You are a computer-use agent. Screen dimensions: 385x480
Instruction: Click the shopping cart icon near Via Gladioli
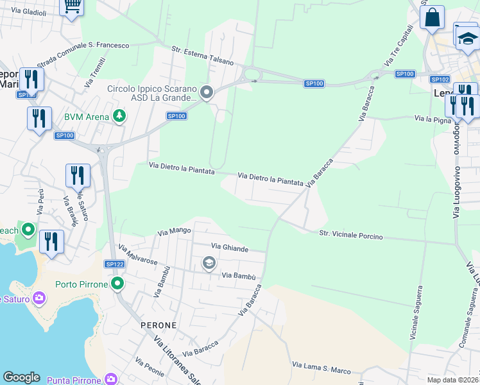72,6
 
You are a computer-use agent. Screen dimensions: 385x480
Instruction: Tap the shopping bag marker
432,17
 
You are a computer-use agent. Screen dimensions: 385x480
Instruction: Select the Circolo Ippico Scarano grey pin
207,94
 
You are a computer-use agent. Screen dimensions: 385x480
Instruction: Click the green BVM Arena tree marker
118,116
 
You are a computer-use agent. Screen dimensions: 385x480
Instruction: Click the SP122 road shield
115,264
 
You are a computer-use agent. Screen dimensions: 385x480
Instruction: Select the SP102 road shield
440,80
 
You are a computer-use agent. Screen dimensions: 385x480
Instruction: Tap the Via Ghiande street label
229,248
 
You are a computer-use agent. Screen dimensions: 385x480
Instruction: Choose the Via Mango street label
175,230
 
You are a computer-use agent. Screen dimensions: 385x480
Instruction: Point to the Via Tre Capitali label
399,46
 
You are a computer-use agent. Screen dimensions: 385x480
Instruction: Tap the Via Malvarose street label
138,254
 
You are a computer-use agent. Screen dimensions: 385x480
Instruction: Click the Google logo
21,377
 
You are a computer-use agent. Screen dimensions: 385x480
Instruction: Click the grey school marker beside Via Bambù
209,262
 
